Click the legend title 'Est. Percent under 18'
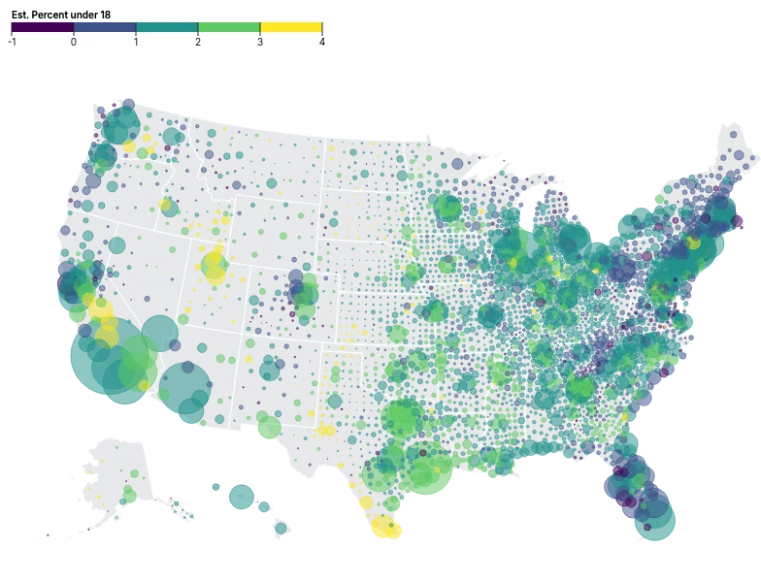click(59, 15)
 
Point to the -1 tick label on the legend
click(12, 43)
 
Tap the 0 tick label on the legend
click(74, 43)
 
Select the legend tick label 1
click(136, 43)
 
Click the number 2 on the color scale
click(198, 43)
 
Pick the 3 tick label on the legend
click(260, 43)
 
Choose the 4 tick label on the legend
click(321, 43)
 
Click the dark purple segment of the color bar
click(43, 28)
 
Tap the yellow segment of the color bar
click(291, 28)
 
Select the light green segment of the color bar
click(229, 28)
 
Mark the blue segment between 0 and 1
click(105, 28)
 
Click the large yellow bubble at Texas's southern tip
click(384, 528)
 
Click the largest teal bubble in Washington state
click(123, 124)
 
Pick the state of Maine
click(735, 155)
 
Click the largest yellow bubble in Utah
click(215, 275)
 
